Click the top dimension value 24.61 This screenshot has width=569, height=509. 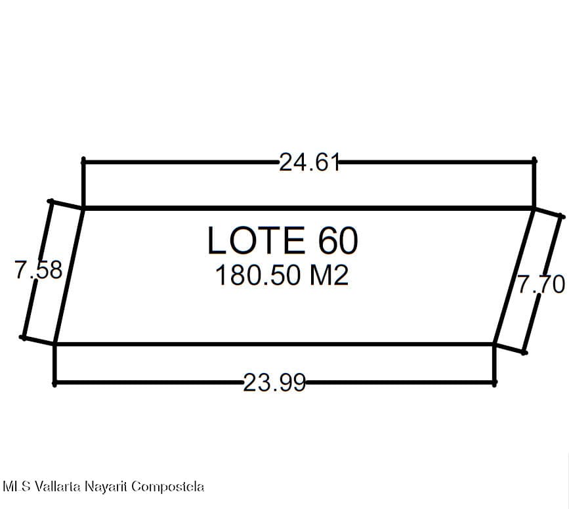pos(309,162)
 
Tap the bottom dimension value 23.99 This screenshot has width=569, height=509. pos(274,383)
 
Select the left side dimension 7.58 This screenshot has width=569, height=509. pos(39,270)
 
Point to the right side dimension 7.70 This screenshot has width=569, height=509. pos(541,284)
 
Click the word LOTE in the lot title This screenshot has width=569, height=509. pos(256,240)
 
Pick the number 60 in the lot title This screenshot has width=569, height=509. pos(338,240)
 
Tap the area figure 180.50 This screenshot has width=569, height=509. pos(258,275)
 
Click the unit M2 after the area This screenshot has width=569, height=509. pos(329,275)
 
